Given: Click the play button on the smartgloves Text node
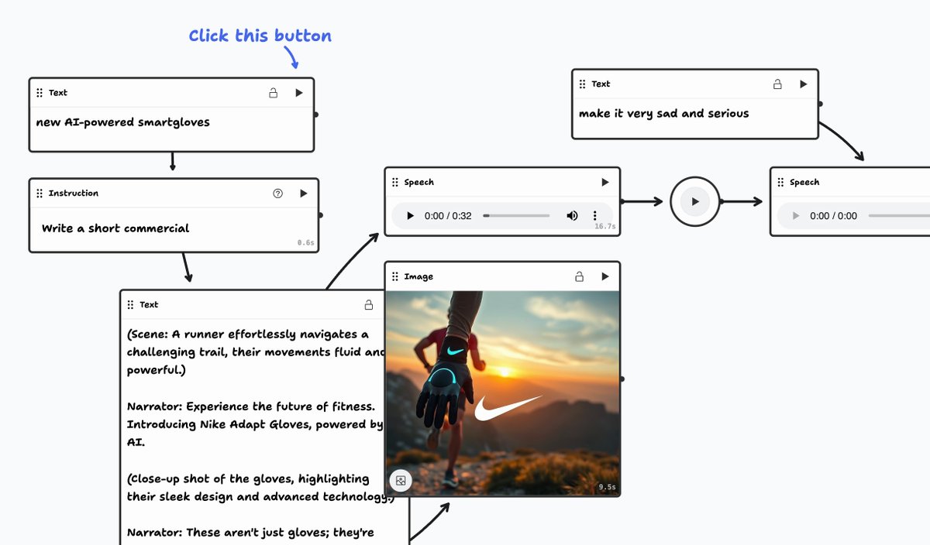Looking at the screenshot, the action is click(299, 93).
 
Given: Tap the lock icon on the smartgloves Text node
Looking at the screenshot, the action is click(273, 93).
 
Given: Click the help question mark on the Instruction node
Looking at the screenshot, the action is click(278, 194).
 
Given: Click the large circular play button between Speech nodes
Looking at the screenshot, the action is click(695, 201).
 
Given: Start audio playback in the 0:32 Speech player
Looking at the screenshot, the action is click(410, 216).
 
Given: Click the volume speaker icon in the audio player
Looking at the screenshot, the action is click(572, 216).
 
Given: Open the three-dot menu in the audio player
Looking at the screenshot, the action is click(595, 216).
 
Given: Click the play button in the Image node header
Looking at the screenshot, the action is click(605, 276).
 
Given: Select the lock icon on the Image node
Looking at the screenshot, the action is click(579, 276).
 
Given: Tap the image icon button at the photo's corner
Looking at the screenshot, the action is click(401, 481).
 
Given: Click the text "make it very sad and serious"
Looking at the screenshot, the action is click(663, 114).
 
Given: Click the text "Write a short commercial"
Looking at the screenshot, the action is click(115, 228).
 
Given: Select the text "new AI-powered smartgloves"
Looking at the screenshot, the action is click(122, 122).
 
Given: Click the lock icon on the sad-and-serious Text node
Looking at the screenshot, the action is click(777, 84).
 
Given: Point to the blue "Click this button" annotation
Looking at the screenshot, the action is click(260, 36).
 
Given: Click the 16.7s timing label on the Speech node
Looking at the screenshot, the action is click(604, 227).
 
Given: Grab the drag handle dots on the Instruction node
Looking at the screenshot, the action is click(40, 194).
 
